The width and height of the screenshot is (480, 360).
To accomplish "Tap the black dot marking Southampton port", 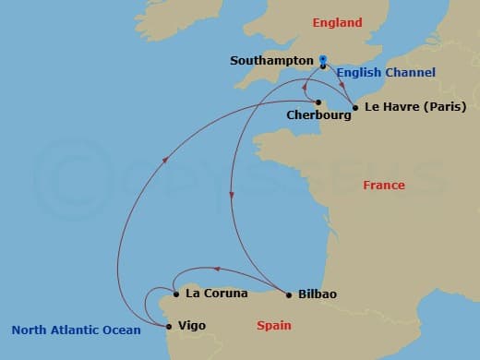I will [323, 66].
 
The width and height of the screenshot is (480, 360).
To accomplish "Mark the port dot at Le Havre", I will [355, 107].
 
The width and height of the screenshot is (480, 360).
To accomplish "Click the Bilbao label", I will [318, 294].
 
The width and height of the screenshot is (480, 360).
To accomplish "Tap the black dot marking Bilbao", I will [289, 295].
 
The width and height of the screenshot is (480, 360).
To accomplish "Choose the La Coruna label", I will [217, 294].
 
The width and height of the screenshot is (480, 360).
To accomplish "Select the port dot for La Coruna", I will [176, 294].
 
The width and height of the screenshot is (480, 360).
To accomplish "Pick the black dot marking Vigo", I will [168, 326].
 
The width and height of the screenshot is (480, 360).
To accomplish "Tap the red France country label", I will [383, 186].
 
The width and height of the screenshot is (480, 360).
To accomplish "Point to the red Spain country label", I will [273, 326].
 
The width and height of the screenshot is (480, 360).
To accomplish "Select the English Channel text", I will [386, 72].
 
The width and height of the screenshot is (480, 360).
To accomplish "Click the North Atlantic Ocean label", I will [76, 330].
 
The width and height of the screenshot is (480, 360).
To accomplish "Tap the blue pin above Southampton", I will [323, 60].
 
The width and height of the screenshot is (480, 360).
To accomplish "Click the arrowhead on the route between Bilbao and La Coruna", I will [215, 269].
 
